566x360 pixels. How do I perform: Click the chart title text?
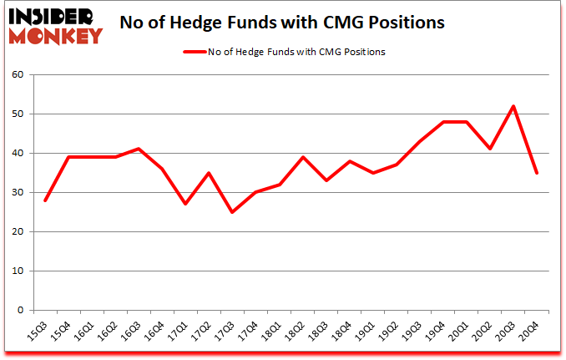284,23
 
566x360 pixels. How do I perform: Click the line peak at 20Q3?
513,106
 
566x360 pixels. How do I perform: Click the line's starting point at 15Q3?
45,200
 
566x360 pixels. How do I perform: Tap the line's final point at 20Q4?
536,173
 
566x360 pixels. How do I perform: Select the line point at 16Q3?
139,149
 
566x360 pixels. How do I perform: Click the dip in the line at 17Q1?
185,204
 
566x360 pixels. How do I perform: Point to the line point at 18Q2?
302,157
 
